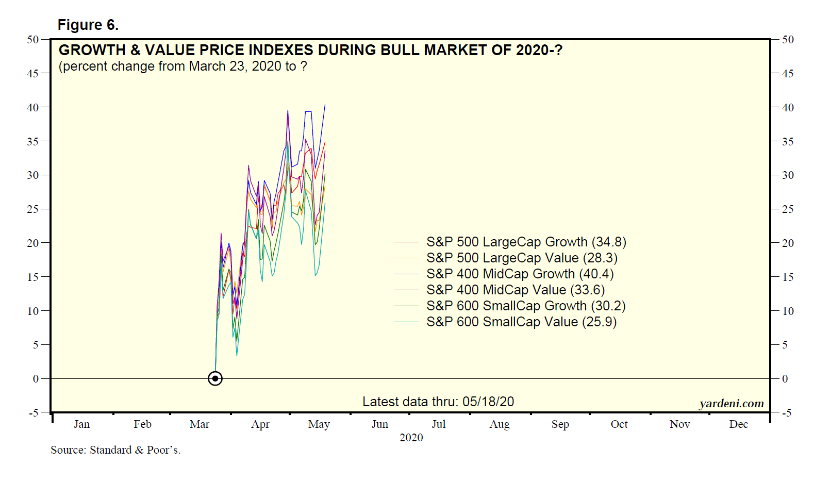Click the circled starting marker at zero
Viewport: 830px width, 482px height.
[215, 378]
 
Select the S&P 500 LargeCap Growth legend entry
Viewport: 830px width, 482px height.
[526, 242]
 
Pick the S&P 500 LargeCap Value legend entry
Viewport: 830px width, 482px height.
[522, 258]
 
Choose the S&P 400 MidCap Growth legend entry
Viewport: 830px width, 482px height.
[520, 274]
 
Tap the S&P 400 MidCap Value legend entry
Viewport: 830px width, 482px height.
[516, 290]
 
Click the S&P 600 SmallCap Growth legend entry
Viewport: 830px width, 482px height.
[526, 306]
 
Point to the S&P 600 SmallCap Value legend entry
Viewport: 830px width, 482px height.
[521, 322]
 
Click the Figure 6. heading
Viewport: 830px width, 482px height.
[88, 25]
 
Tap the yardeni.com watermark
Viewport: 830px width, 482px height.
[732, 404]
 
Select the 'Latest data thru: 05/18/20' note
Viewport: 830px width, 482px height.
[438, 402]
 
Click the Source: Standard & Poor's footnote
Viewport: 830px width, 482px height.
[115, 450]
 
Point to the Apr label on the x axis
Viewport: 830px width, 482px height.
[260, 424]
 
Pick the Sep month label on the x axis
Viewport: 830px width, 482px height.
[560, 424]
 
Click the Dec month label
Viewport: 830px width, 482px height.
[738, 424]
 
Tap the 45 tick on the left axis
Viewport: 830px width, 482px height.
[32, 73]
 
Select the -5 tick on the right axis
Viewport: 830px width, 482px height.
[786, 412]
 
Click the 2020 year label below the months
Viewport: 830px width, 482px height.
[411, 438]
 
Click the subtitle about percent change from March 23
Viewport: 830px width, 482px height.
[183, 67]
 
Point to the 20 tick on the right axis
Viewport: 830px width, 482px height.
[788, 243]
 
